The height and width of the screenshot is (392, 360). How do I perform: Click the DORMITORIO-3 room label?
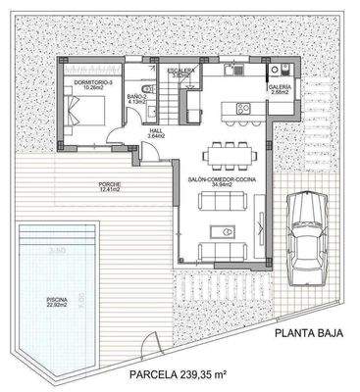coord(95,83)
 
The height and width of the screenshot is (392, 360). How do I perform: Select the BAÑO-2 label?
coord(138,96)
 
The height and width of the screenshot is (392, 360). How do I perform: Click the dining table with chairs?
coord(228,154)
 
